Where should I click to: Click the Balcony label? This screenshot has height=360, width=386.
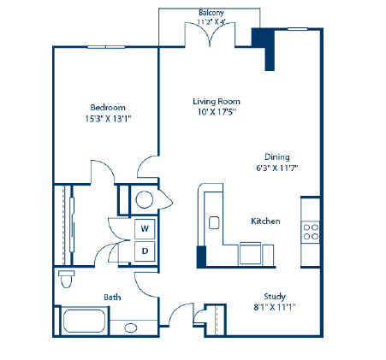click(211, 13)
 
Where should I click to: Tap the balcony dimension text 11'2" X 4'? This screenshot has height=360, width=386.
click(211, 23)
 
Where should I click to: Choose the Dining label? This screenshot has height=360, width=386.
click(276, 157)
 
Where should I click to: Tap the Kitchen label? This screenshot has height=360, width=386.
click(265, 221)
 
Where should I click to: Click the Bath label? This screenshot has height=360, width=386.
click(112, 298)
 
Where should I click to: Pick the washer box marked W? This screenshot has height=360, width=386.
click(145, 229)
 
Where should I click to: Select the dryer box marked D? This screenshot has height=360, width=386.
click(145, 251)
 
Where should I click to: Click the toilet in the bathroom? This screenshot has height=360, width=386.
click(66, 279)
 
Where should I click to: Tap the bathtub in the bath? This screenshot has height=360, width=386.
click(84, 323)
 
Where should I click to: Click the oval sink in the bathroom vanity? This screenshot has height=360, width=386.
click(131, 328)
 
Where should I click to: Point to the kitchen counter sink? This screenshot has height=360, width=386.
click(213, 222)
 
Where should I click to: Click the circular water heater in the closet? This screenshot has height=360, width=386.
click(144, 200)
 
